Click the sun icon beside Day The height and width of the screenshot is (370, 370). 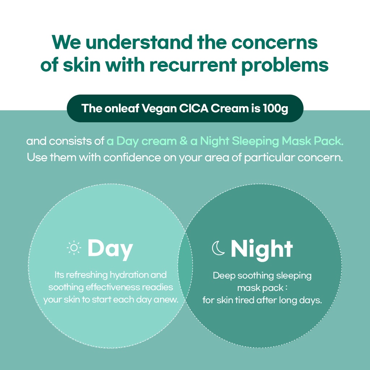pos(74,248)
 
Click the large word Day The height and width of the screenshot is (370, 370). pos(110,249)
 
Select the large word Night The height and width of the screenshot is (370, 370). pos(262,250)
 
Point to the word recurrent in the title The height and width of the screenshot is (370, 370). pos(193,65)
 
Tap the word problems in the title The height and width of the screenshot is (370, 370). pos(285,65)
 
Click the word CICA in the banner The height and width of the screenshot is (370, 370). pos(194,108)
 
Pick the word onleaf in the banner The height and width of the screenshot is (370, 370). pos(122,108)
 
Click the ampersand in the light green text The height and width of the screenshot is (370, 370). pos(183,141)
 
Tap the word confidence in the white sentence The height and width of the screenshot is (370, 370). pos(132,158)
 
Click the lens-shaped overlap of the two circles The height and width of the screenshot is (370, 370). pos(185,266)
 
